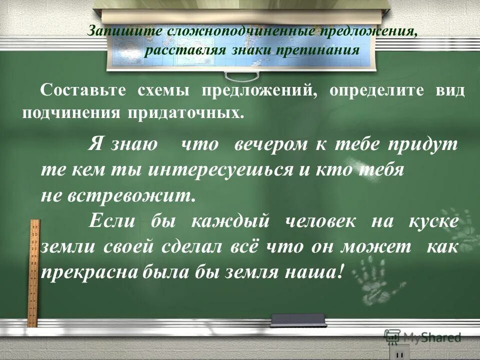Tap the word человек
320,220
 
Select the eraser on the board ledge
298,319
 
